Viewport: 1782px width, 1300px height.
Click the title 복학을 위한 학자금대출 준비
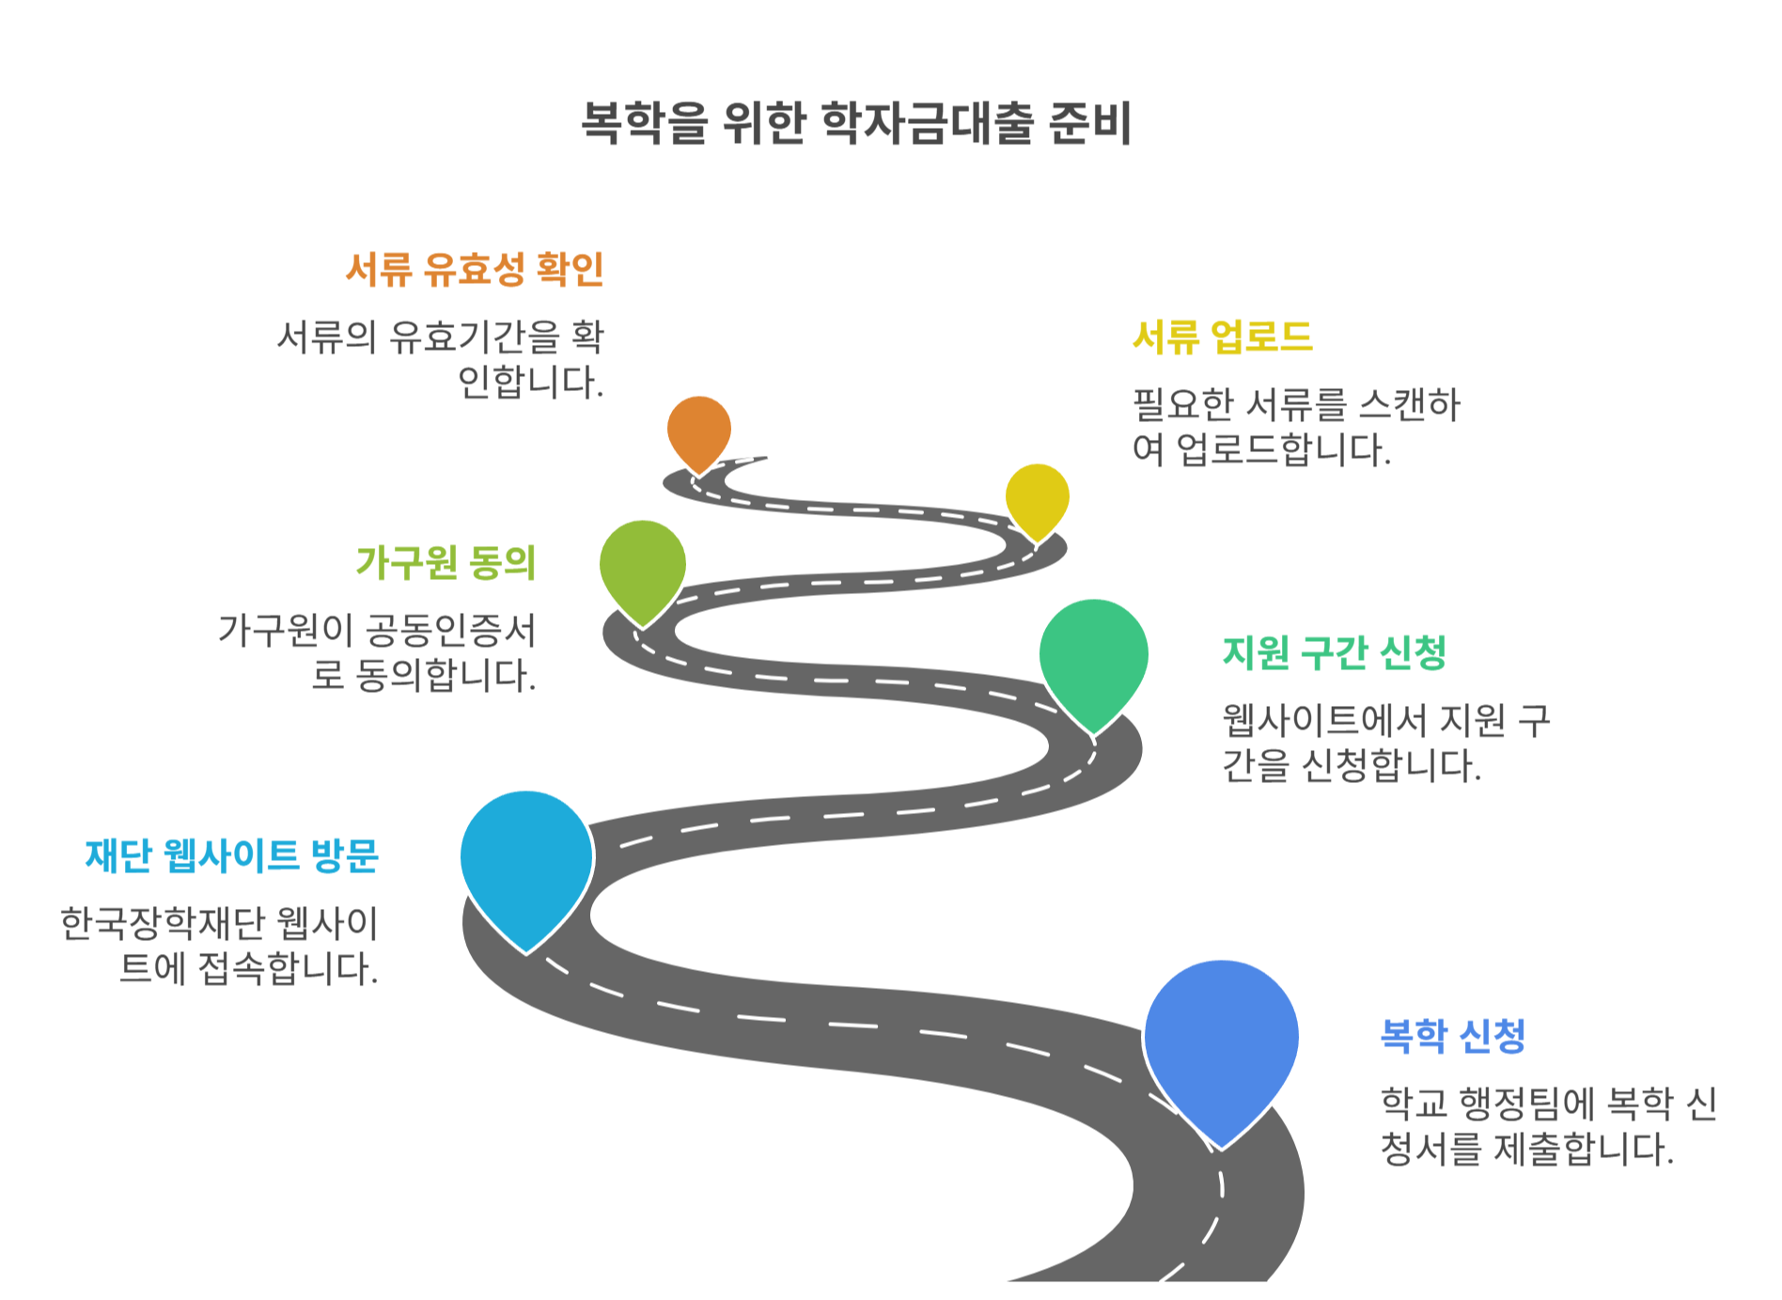(856, 123)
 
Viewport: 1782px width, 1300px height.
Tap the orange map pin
(699, 430)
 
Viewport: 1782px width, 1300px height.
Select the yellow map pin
(1037, 497)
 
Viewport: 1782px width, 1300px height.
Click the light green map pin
(643, 565)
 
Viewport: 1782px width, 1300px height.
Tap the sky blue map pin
(526, 860)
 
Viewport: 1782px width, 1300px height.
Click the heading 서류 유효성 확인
(475, 270)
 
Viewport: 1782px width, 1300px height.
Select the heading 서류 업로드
(1222, 337)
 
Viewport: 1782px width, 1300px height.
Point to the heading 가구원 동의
(445, 562)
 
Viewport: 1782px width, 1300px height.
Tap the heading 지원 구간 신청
(1334, 652)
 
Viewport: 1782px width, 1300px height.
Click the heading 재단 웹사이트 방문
(231, 855)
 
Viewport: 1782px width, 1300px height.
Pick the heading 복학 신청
(1452, 1036)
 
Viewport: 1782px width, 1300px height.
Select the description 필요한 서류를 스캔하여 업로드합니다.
(1295, 427)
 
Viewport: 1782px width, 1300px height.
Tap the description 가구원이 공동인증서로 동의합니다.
(377, 652)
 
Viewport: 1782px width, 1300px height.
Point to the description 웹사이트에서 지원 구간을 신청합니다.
(1385, 743)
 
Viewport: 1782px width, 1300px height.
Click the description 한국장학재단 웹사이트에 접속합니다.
(219, 946)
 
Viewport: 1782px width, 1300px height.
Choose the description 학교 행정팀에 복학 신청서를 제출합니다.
(1548, 1126)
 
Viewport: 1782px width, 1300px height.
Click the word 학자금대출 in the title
(927, 123)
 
